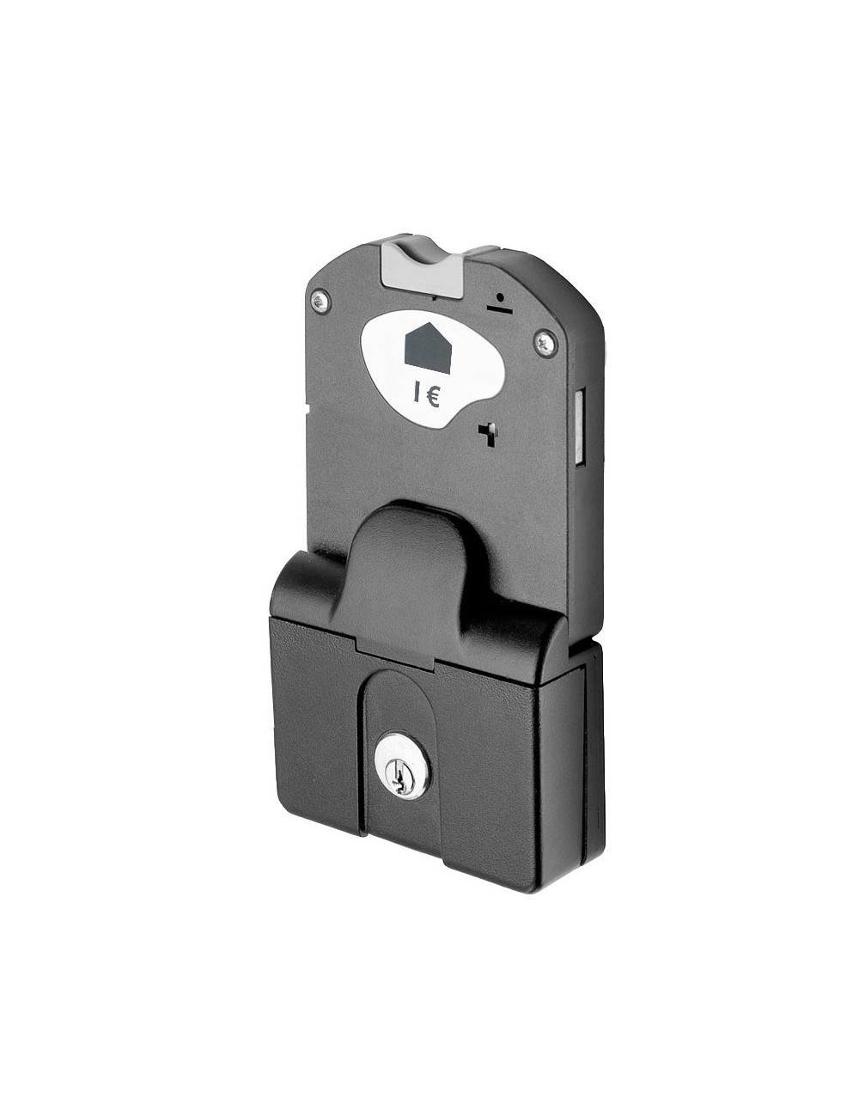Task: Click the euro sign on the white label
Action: coord(433,398)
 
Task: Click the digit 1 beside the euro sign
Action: coord(417,398)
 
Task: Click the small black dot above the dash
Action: coord(498,297)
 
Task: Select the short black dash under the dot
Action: coord(498,308)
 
